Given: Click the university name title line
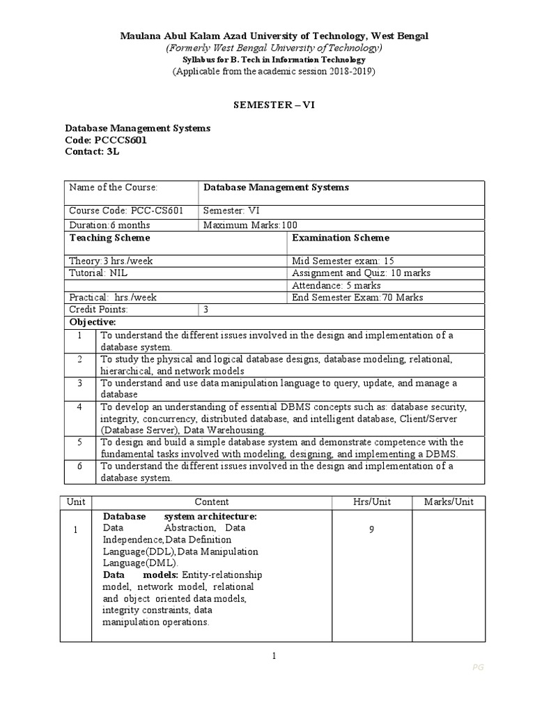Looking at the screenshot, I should pyautogui.click(x=274, y=36).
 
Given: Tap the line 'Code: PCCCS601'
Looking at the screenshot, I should pyautogui.click(x=106, y=140).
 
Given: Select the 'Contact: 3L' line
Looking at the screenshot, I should pyautogui.click(x=93, y=151).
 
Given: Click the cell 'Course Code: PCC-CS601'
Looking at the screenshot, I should pyautogui.click(x=126, y=211).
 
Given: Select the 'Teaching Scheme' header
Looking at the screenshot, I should pyautogui.click(x=100, y=238).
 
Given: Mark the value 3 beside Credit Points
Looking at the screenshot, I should pyautogui.click(x=206, y=309).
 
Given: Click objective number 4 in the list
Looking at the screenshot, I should pyautogui.click(x=80, y=407).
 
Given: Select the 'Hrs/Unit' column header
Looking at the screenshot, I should pyautogui.click(x=372, y=502).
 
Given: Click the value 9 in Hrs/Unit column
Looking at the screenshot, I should pyautogui.click(x=372, y=530).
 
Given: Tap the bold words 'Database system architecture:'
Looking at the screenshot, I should pyautogui.click(x=180, y=517).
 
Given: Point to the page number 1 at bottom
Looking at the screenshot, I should pyautogui.click(x=274, y=655).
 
